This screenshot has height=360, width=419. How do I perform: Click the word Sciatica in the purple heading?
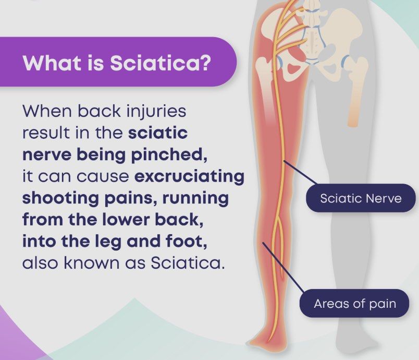pyautogui.click(x=155, y=63)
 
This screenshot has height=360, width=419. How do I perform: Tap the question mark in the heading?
pyautogui.click(x=205, y=63)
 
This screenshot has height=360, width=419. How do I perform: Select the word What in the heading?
pyautogui.click(x=52, y=63)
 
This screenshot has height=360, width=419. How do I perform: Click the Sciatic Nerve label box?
pyautogui.click(x=361, y=198)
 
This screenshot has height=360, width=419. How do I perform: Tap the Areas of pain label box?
pyautogui.click(x=354, y=303)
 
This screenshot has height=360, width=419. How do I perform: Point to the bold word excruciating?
pyautogui.click(x=190, y=176)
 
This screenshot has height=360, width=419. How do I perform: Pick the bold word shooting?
pyautogui.click(x=60, y=198)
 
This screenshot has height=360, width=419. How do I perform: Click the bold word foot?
pyautogui.click(x=186, y=241)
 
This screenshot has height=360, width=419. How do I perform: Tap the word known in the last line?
pyautogui.click(x=91, y=262)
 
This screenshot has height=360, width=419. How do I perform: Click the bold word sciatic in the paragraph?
pyautogui.click(x=158, y=133)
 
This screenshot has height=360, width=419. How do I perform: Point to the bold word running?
pyautogui.click(x=195, y=198)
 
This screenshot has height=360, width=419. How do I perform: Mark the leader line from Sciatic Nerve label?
pyautogui.click(x=301, y=173)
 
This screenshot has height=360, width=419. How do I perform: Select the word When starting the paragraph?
pyautogui.click(x=47, y=111)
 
